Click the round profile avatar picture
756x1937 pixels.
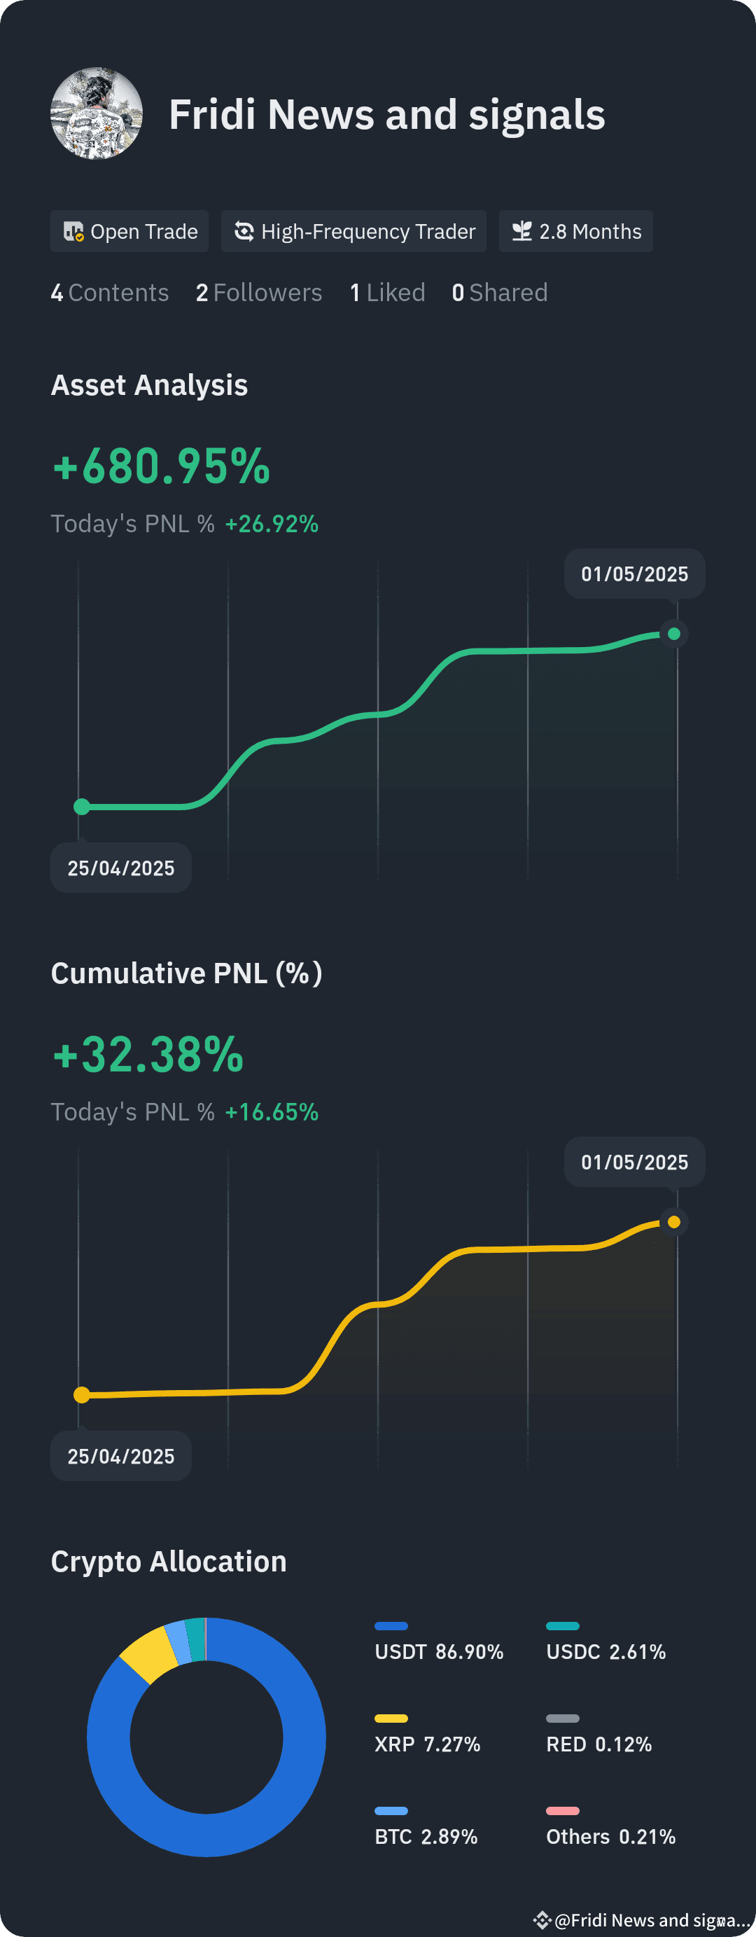96,113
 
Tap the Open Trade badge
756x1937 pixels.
129,232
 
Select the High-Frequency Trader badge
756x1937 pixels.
354,232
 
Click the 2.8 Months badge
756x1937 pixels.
576,232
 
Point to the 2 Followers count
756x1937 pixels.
258,293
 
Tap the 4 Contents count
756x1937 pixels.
110,293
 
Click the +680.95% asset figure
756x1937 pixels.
161,466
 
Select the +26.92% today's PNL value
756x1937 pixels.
272,523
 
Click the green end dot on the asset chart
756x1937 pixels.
674,634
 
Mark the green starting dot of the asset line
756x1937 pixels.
82,807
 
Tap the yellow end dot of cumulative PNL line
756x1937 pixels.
674,1222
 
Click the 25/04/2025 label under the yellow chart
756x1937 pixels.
121,1457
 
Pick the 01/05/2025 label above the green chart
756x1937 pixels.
635,574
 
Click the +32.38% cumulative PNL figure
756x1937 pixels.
148,1054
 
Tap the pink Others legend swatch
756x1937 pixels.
563,1811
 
